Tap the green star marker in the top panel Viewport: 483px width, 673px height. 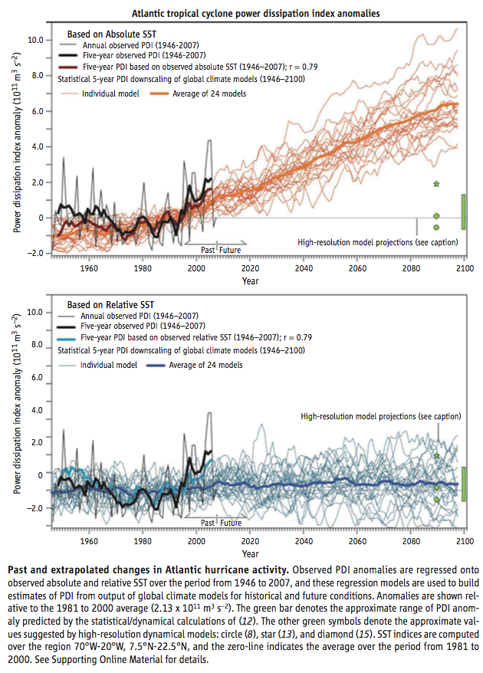(436, 184)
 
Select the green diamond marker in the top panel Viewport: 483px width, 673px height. (436, 215)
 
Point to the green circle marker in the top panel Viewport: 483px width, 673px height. (436, 227)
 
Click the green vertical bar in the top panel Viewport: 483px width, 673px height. (463, 212)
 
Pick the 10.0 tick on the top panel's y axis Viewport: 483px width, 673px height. (34, 40)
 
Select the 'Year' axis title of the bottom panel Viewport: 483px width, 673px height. (250, 554)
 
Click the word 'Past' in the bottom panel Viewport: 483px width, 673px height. (209, 523)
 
